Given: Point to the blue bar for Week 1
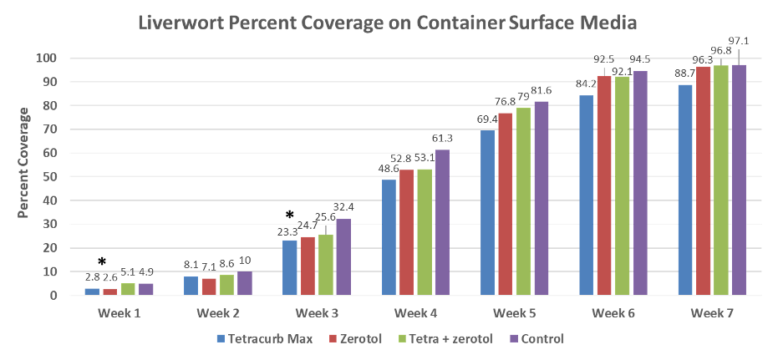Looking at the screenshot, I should [92, 292].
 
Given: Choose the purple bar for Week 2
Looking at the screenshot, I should [244, 283].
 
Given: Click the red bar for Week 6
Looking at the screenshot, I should [603, 186].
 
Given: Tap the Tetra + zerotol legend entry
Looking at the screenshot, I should [451, 338].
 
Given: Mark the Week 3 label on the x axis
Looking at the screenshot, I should [313, 313].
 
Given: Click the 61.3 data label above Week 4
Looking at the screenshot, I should [443, 138].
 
